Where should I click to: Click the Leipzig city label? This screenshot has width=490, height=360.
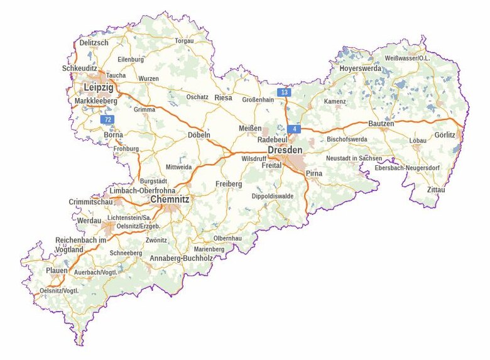pos(99,87)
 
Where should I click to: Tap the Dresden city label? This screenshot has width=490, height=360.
pos(285,150)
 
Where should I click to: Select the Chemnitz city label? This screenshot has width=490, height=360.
pos(170,200)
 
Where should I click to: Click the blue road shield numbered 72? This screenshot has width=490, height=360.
pos(108,119)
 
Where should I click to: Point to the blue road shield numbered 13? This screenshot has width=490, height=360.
pos(285,93)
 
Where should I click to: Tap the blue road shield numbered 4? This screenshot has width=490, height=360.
pos(294,129)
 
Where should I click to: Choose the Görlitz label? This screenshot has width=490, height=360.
pos(444,135)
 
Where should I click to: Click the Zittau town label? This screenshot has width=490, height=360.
pos(435,189)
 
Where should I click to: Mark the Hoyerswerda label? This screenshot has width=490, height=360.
pos(360,68)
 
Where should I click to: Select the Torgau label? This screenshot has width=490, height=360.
pos(184,41)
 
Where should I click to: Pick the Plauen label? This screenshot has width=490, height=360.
pos(57,271)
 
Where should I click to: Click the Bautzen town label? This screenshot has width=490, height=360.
pos(381,124)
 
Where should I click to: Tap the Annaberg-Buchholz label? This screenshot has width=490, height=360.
pos(179,258)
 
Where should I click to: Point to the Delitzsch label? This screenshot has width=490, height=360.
pos(94,42)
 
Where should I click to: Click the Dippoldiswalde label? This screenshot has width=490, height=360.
pos(273,196)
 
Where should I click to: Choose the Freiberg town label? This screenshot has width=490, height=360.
pos(229,183)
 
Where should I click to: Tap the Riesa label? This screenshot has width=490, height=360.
pos(223,98)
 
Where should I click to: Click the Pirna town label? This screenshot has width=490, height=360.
pos(314,172)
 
